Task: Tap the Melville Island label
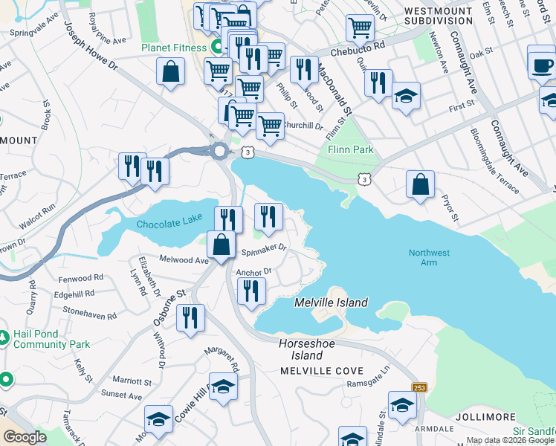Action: click(331, 303)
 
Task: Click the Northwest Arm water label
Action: click(429, 258)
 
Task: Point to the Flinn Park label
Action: click(350, 149)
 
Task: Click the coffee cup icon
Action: click(541, 62)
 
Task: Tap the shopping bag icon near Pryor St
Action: click(420, 184)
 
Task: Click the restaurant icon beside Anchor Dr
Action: click(251, 290)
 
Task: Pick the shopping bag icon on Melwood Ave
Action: click(222, 244)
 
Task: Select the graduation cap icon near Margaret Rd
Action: click(222, 386)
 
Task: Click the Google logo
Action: click(25, 437)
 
